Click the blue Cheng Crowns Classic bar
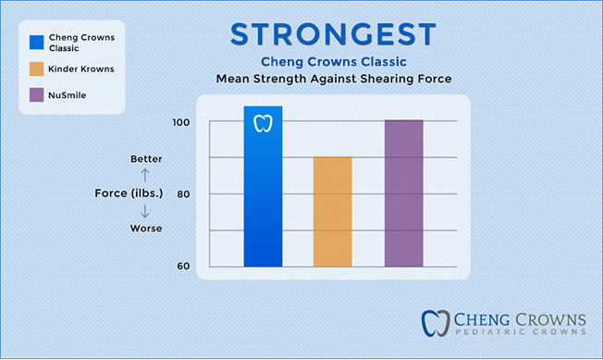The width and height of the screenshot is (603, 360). (x=263, y=194)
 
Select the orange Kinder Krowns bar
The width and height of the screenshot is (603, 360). (x=333, y=213)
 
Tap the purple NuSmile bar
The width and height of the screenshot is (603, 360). (x=403, y=194)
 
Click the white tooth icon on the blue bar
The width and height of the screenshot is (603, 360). (x=263, y=123)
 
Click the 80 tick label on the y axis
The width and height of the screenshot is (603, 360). (x=182, y=194)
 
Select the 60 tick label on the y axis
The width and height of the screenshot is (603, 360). (x=182, y=267)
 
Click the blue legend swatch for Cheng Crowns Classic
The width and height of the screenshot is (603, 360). (x=36, y=42)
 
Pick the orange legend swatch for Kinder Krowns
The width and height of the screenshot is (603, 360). (x=36, y=68)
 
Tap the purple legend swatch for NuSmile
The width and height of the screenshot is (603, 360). (x=36, y=93)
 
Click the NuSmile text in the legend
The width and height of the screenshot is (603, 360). (x=71, y=93)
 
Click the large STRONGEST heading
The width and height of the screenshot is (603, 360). (x=332, y=33)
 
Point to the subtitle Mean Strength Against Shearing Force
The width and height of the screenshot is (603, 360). (x=333, y=80)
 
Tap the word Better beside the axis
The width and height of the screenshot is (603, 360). (x=146, y=159)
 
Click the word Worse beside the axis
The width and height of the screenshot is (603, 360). (x=146, y=228)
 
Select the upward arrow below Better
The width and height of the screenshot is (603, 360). (x=146, y=173)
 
